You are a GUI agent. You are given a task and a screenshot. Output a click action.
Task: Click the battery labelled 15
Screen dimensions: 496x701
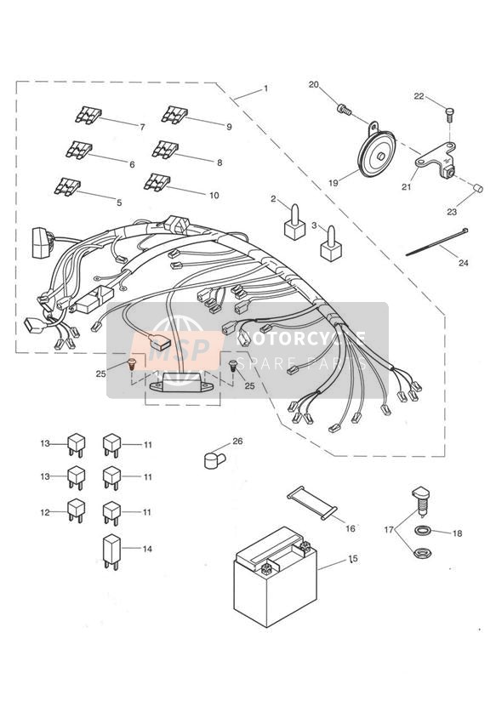coord(276,577)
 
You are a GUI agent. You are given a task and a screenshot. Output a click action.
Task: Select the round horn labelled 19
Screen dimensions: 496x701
coord(377,151)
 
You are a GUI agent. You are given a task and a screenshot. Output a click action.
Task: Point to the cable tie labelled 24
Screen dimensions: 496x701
coord(437,242)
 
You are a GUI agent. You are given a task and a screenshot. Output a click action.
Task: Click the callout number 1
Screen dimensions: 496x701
coord(265,88)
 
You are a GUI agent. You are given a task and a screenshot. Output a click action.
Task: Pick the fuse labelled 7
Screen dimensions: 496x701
coord(88,115)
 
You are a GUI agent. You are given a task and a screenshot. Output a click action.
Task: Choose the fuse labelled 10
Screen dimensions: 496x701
coord(157,182)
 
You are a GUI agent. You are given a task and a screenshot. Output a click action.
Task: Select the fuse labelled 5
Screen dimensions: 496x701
coord(67,186)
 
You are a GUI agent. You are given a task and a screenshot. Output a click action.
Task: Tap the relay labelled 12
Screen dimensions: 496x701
coord(76,511)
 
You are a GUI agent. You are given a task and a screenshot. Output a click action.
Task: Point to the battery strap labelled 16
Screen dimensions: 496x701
coord(311,504)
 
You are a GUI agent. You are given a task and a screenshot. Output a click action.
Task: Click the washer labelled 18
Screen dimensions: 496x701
coord(421,531)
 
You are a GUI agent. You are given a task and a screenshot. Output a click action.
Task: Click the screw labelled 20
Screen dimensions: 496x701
coord(344,109)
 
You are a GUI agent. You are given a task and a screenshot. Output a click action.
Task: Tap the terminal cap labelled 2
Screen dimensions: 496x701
coord(294,223)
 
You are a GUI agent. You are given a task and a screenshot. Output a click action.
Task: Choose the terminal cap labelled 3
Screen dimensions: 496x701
coord(332,244)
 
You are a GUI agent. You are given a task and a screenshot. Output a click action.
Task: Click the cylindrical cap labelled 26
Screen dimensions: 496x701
coord(214,460)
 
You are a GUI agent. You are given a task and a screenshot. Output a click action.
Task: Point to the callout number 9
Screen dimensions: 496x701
coord(229,127)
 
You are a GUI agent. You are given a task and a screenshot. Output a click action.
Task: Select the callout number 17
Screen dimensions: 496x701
coord(389,530)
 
